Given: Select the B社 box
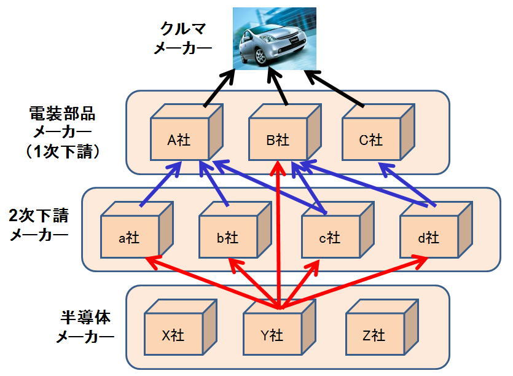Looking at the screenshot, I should (278, 140).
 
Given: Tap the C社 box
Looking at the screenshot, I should (370, 140).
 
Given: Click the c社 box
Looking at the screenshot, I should (329, 237).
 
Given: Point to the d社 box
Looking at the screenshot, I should (428, 237).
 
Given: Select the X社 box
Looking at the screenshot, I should (173, 335).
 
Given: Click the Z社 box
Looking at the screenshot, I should (373, 335).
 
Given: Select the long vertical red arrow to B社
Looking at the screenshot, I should (279, 233).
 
